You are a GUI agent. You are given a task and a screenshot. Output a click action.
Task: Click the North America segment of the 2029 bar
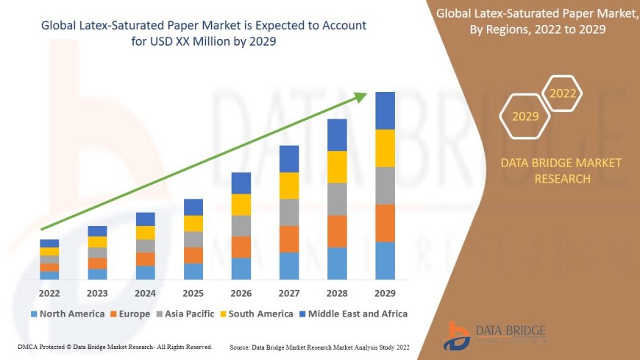(385, 261)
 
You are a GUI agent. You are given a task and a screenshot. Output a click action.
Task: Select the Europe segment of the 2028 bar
(337, 231)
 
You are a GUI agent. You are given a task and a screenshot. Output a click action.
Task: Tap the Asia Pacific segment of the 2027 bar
(289, 212)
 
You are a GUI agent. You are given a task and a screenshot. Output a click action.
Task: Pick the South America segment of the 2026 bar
(241, 205)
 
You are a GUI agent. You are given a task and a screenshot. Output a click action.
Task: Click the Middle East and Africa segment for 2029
(385, 110)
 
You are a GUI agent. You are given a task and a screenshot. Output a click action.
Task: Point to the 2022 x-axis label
(49, 292)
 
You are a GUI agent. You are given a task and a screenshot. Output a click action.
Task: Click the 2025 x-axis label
(193, 292)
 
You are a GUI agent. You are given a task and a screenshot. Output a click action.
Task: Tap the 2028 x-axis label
(337, 292)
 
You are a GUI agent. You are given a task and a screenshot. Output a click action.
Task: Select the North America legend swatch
(34, 314)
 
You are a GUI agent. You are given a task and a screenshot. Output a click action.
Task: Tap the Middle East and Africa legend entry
(352, 314)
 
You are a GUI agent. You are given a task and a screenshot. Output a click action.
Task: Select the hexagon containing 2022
(563, 93)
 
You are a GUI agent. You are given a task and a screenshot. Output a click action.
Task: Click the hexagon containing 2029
(525, 116)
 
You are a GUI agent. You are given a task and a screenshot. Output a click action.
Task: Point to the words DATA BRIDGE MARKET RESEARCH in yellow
(561, 171)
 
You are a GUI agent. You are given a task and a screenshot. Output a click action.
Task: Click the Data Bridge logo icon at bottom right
(458, 335)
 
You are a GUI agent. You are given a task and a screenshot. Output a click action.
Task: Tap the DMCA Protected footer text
(114, 347)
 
